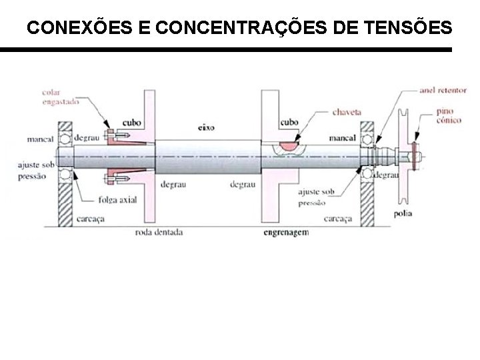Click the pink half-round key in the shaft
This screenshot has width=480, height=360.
[x=289, y=144]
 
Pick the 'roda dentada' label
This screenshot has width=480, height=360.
[x=159, y=233]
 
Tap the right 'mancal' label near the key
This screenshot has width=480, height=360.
[x=341, y=139]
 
